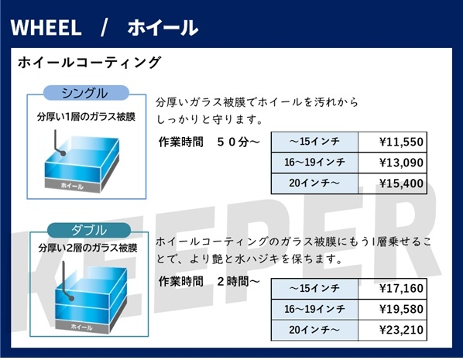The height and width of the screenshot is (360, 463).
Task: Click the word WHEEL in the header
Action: (x=46, y=28)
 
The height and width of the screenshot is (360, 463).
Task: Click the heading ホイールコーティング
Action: (x=89, y=63)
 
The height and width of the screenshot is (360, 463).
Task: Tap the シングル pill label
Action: (x=86, y=93)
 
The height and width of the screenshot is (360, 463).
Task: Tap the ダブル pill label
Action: (x=89, y=230)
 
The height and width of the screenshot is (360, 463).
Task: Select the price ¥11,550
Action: (x=401, y=142)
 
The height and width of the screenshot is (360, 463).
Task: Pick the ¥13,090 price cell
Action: (x=401, y=163)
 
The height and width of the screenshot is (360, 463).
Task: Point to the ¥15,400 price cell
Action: (x=401, y=183)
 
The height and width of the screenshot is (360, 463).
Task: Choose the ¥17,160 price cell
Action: (x=401, y=288)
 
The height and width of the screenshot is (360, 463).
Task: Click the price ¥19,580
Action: (x=401, y=309)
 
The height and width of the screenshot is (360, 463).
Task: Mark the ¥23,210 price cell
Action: (x=401, y=330)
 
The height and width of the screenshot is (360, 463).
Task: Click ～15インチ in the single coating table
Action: (x=314, y=142)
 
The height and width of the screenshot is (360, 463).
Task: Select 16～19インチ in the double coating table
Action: (x=314, y=309)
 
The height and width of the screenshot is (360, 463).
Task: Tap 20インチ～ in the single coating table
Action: (x=314, y=183)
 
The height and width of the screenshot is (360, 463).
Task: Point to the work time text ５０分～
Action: (x=238, y=142)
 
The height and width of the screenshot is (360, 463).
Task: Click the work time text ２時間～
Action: (x=238, y=282)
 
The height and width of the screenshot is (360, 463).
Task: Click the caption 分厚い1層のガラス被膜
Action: (x=86, y=117)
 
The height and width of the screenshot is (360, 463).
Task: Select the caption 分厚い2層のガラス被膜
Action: (x=87, y=248)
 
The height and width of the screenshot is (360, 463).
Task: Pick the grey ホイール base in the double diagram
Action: (x=82, y=327)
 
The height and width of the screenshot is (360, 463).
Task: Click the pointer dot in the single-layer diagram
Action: (x=63, y=153)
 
